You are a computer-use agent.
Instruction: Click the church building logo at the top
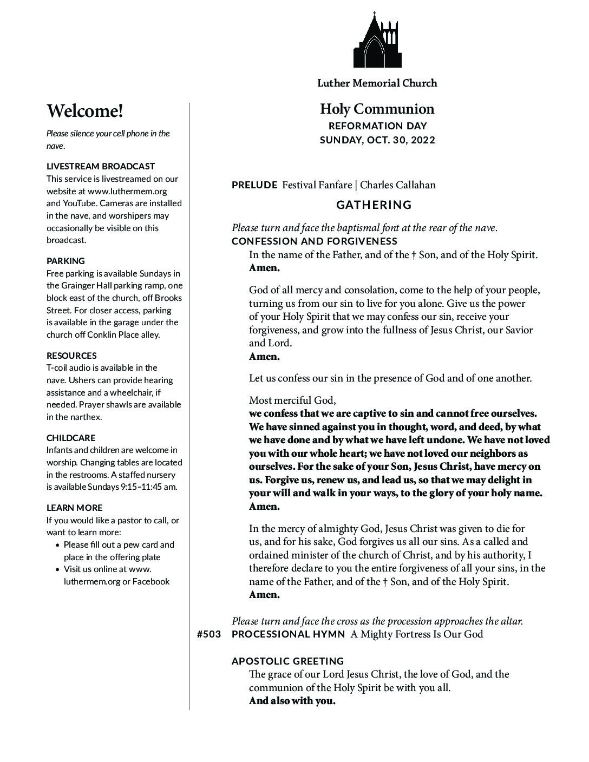click(x=377, y=40)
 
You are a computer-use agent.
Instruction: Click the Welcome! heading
click(x=85, y=111)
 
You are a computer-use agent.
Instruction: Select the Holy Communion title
click(x=377, y=109)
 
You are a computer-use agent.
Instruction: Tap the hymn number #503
click(x=209, y=634)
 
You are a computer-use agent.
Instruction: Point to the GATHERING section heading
click(x=374, y=205)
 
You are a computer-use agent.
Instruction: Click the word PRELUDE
click(x=254, y=185)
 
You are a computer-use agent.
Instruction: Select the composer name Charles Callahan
click(x=397, y=185)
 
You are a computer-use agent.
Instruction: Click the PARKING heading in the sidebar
click(x=66, y=261)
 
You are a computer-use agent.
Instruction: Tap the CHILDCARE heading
click(x=71, y=438)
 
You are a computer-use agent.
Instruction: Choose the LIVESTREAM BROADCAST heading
click(x=101, y=166)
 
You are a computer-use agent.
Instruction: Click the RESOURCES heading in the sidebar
click(x=71, y=356)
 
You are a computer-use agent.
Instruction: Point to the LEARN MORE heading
click(x=74, y=508)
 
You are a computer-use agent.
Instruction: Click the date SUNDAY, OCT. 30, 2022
click(x=377, y=140)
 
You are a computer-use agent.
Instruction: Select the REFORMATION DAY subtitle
click(x=377, y=126)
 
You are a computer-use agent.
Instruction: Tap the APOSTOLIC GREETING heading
click(x=287, y=661)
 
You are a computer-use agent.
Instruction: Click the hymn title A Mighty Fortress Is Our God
click(x=416, y=634)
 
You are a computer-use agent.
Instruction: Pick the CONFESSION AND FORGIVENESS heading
click(x=315, y=241)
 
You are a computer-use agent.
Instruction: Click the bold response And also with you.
click(x=292, y=701)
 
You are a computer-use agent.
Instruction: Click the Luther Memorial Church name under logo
click(x=377, y=83)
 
